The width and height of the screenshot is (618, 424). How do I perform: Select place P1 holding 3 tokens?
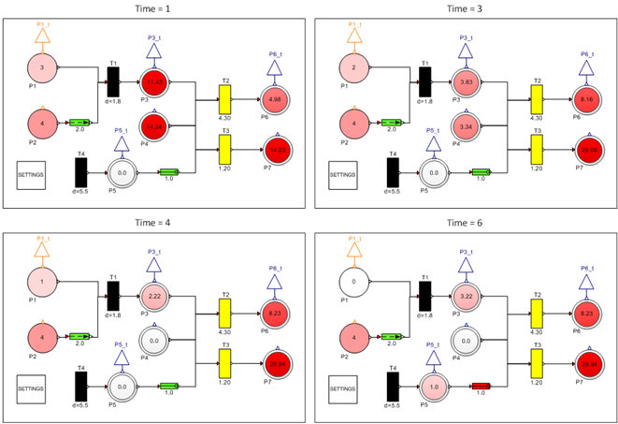[41, 67]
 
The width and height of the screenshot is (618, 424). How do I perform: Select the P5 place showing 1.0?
[432, 386]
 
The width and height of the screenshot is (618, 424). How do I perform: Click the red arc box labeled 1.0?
[481, 385]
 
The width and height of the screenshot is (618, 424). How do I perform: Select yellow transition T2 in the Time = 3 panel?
[536, 97]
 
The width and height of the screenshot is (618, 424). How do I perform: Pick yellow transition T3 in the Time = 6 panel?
[536, 361]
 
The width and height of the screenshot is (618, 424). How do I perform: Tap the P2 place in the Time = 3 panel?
[353, 122]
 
